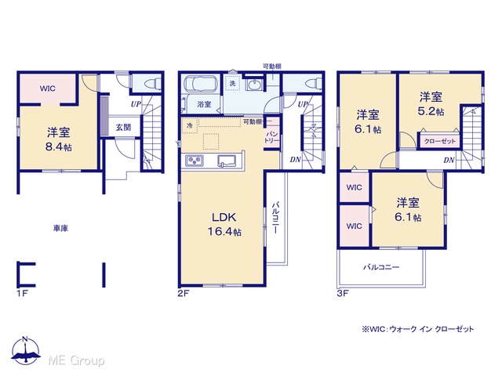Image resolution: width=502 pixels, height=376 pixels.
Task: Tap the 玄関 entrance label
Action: pos(123,127)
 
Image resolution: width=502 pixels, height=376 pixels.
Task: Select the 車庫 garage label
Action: pos(60,228)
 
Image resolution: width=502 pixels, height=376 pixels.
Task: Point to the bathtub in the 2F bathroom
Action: pos(201,85)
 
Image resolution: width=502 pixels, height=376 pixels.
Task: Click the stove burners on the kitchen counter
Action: pos(194,161)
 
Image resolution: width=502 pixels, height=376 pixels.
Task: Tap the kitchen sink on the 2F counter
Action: pos(227,161)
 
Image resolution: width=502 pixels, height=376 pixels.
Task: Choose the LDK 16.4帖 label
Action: pos(224,224)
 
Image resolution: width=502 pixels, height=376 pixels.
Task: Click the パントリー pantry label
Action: pos(272,137)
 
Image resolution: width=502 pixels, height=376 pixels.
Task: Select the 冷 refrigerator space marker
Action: pos(190,125)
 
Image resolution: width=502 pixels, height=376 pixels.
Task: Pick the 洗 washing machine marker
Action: pos(232,84)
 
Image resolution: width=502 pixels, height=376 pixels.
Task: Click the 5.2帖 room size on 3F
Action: pos(431,111)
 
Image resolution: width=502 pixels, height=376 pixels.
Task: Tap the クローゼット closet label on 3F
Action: pos(439,141)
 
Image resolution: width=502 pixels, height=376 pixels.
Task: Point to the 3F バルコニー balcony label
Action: pos(381,266)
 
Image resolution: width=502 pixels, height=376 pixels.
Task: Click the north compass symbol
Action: pos(26,350)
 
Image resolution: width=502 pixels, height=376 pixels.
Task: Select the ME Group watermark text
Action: pos(77,360)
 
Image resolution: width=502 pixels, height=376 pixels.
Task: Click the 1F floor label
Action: pos(22,293)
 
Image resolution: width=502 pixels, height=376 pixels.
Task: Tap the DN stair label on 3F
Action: pos(449,160)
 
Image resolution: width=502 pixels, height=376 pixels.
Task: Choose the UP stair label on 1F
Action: pos(136,104)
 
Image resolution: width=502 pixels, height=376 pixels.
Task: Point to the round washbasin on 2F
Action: pos(254,85)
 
